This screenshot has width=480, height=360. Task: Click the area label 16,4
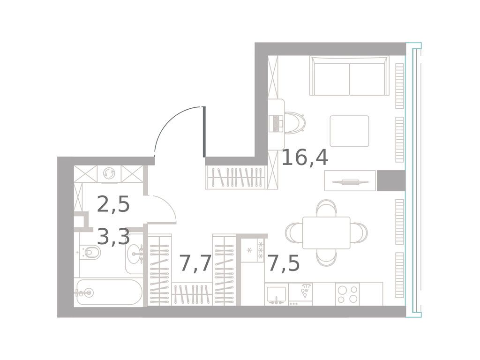click(305, 157)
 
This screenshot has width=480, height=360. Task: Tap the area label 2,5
click(113, 205)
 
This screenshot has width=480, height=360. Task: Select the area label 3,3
click(113, 237)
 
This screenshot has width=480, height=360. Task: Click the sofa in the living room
click(350, 76)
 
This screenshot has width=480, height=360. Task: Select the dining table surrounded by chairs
click(326, 232)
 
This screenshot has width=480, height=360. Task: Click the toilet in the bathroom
click(91, 254)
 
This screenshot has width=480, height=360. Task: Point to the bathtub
click(108, 292)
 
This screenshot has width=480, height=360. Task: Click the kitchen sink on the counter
click(276, 294)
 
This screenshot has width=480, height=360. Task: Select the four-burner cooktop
click(347, 294)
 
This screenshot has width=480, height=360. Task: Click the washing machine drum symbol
click(109, 173)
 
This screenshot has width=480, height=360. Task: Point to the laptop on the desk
click(276, 123)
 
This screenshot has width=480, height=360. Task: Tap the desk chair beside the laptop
click(295, 123)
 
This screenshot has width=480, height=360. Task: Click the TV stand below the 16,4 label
click(350, 181)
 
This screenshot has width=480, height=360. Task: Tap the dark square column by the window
click(390, 181)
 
